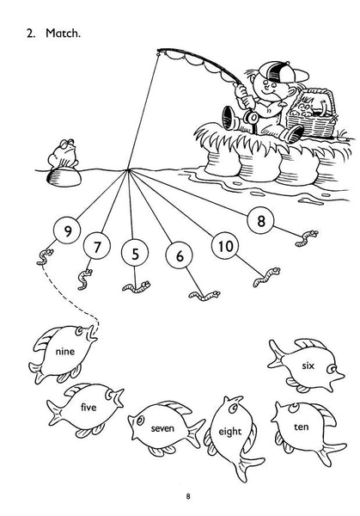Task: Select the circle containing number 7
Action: tap(96, 247)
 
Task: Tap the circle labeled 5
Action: tap(135, 254)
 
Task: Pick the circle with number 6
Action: tap(180, 255)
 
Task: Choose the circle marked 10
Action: tap(225, 246)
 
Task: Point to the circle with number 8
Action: tap(260, 220)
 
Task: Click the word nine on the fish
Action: tap(65, 352)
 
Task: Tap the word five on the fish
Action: tap(88, 408)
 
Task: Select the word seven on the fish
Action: tap(162, 428)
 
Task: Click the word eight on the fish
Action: tap(230, 432)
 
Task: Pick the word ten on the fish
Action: tap(302, 427)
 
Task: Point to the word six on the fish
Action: tap(308, 365)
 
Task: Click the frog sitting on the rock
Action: tap(63, 154)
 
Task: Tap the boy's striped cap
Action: tap(283, 72)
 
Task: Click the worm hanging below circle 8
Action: tap(307, 238)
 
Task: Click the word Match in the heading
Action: tap(63, 33)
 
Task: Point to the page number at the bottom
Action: tap(188, 496)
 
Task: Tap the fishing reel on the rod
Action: tap(253, 118)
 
